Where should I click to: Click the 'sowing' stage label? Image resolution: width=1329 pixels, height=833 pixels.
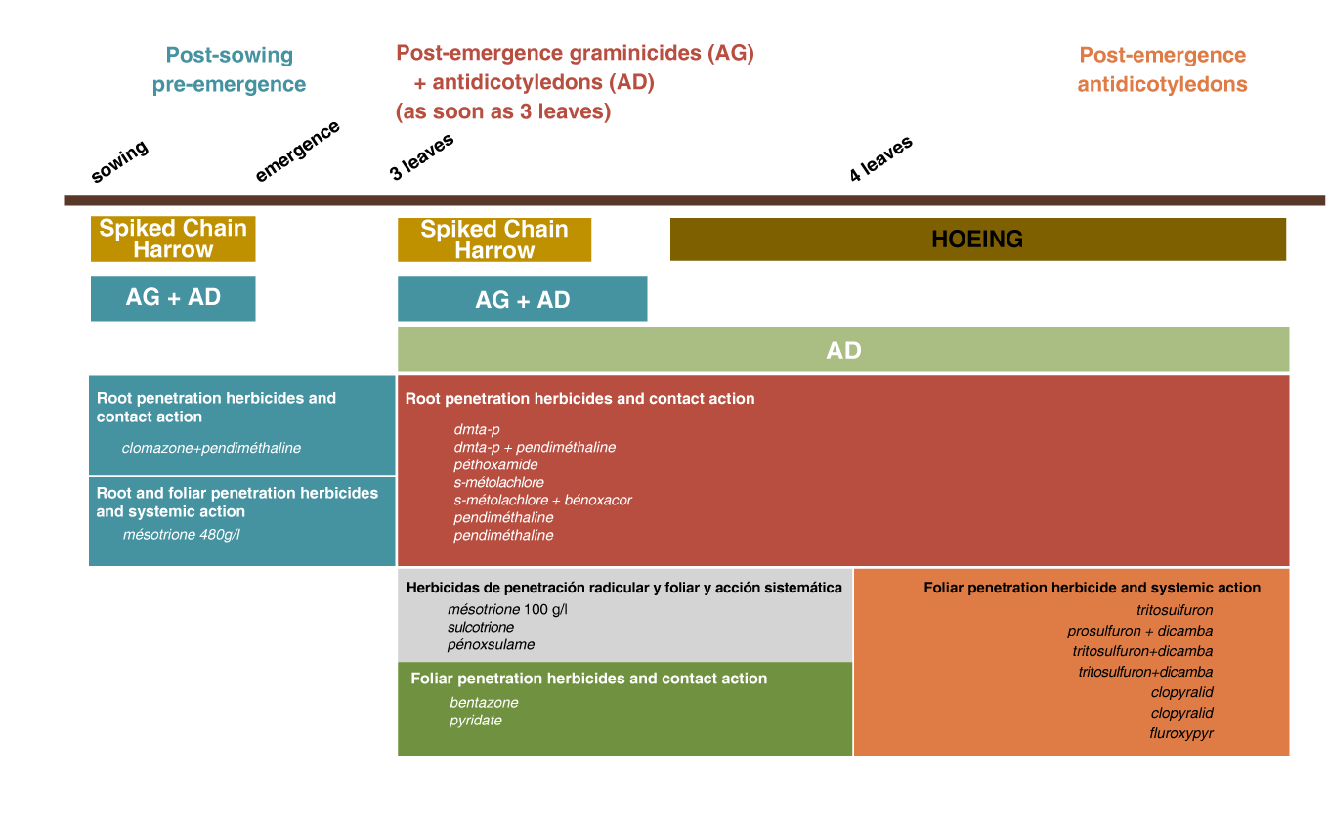click(119, 161)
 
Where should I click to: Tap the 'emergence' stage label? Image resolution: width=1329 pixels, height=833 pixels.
click(297, 151)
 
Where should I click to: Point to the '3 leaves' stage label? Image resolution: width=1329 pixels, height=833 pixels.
click(421, 156)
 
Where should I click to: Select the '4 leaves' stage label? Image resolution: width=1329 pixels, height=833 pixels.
click(880, 158)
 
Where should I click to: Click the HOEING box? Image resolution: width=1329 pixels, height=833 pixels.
click(978, 240)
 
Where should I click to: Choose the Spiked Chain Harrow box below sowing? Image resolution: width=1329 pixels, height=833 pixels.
click(173, 239)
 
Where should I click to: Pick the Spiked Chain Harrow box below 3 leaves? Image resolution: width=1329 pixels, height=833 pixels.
click(494, 240)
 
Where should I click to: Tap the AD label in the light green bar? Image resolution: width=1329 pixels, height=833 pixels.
click(843, 350)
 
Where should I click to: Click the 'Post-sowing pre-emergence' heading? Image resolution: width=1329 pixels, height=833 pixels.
click(229, 69)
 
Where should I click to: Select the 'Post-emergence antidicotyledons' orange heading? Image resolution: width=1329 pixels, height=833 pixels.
click(1162, 69)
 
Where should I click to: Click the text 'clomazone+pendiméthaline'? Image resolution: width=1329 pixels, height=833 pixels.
click(211, 448)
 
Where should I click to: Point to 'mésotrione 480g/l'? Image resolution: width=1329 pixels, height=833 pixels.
click(182, 535)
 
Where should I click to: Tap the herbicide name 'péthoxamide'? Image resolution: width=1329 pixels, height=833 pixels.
click(495, 464)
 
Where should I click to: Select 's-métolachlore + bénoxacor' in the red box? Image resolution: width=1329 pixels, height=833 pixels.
click(542, 500)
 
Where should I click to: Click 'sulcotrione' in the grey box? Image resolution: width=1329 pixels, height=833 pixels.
click(481, 627)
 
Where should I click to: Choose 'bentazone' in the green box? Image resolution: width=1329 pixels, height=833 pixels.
click(484, 702)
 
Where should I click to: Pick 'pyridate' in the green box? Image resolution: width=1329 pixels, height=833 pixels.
click(476, 721)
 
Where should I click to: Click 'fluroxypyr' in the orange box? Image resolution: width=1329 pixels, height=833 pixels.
click(1181, 734)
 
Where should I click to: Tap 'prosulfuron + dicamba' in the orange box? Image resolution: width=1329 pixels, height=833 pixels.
click(1139, 631)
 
